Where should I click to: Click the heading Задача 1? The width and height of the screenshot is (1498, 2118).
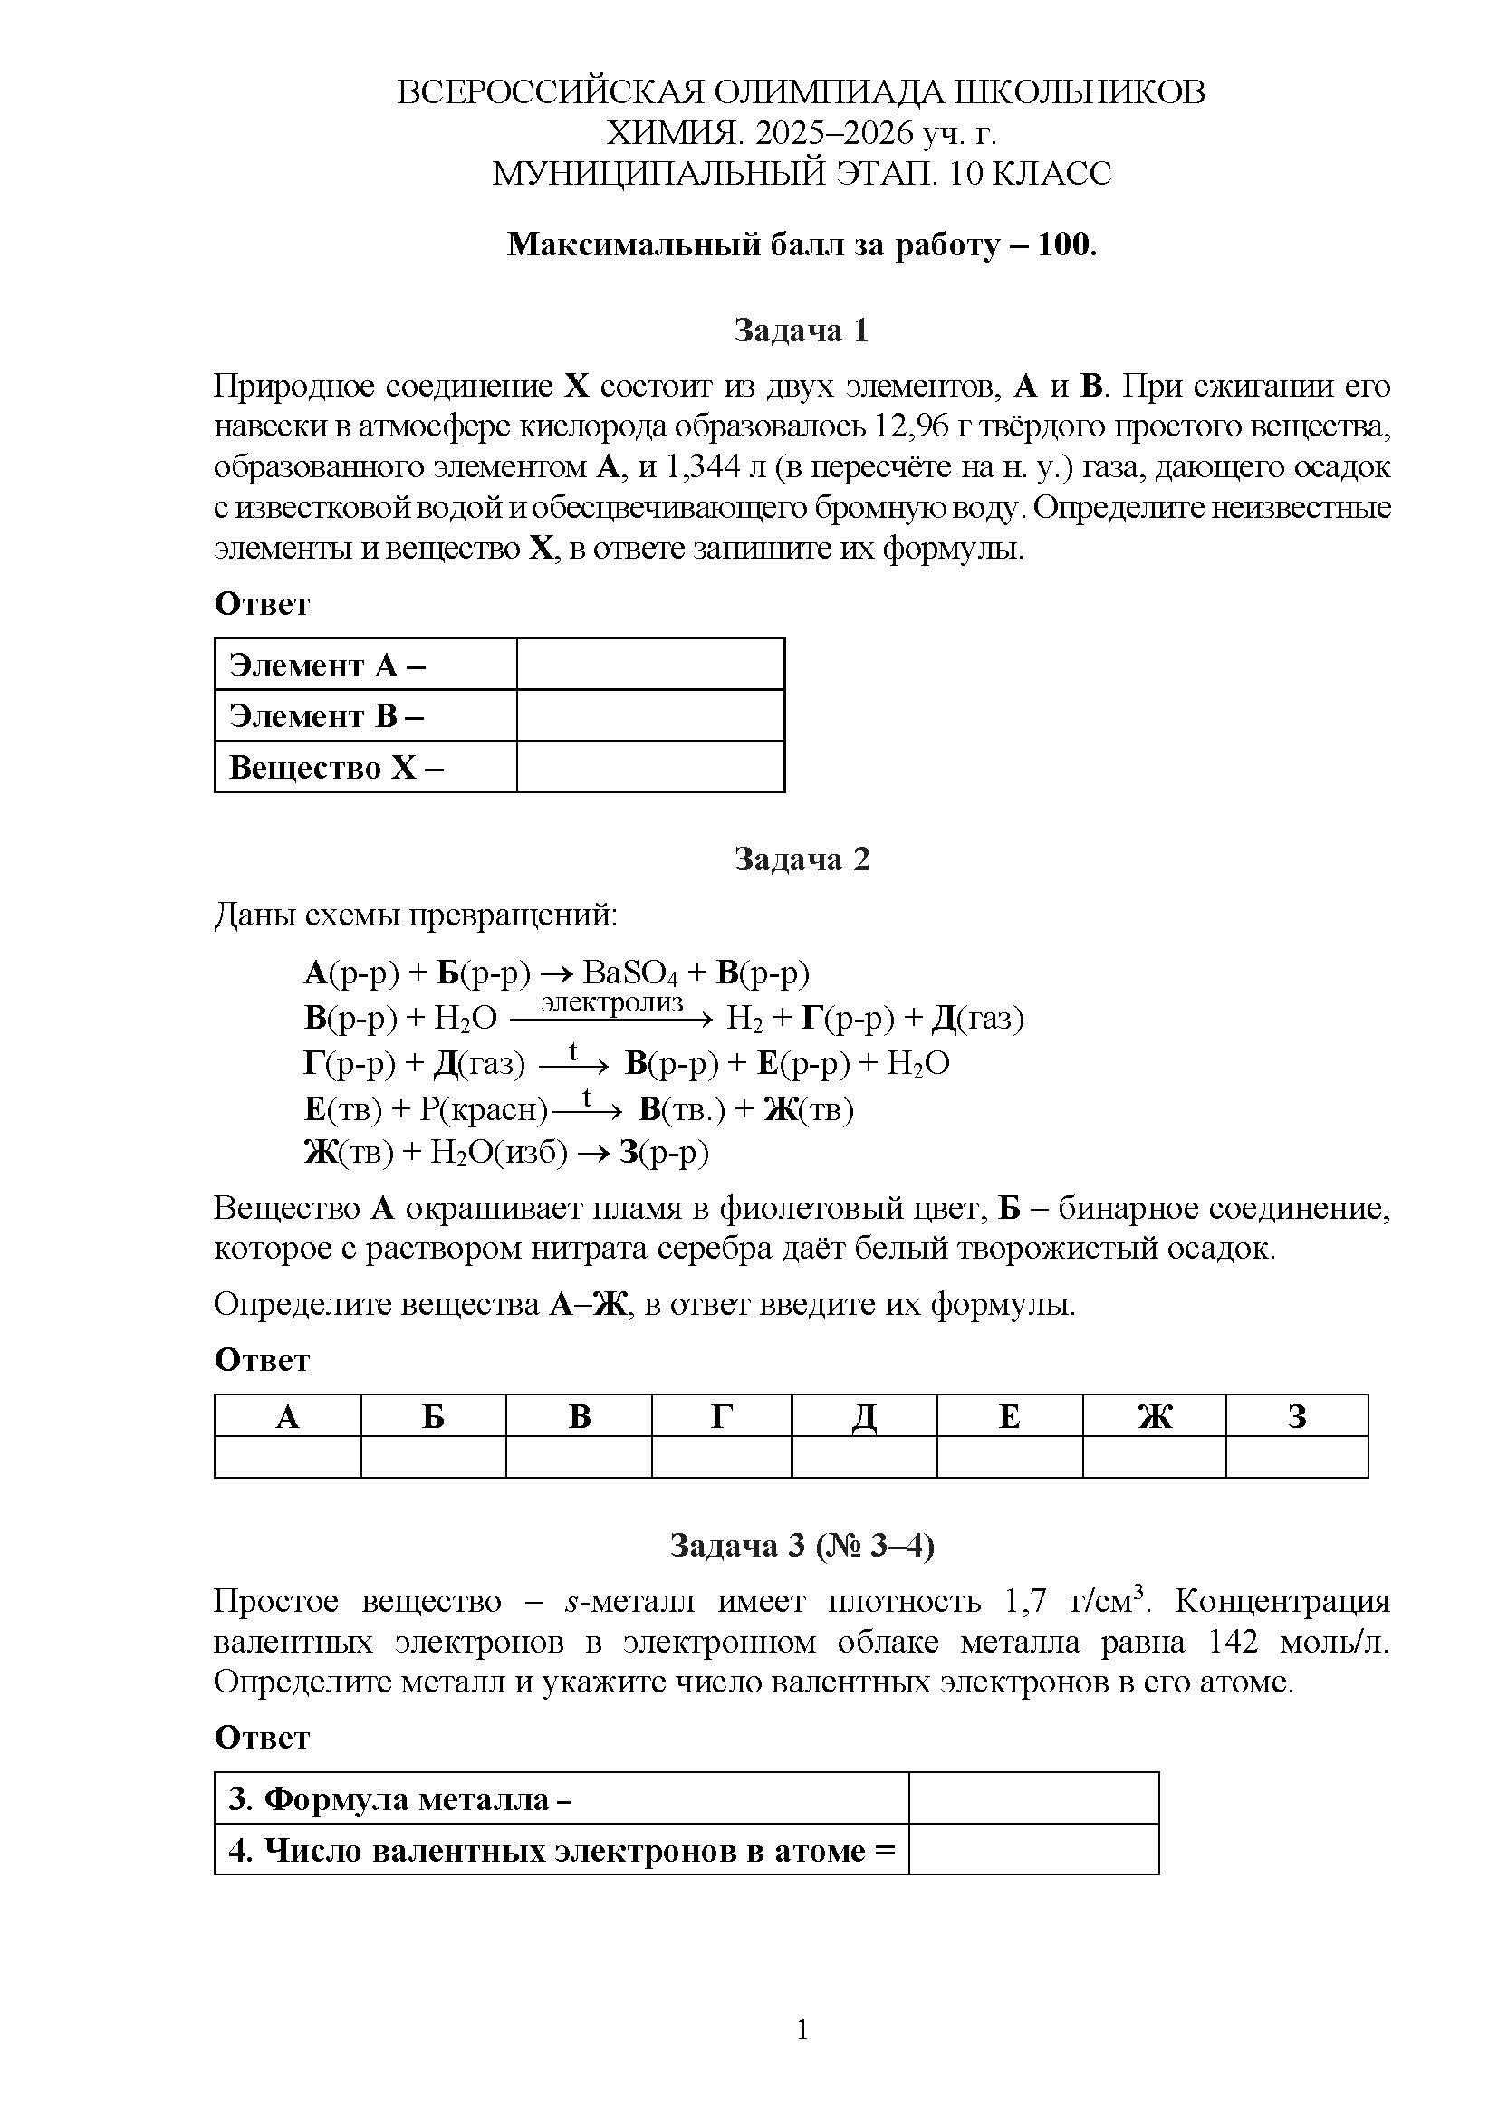801,331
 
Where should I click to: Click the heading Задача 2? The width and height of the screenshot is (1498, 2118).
801,858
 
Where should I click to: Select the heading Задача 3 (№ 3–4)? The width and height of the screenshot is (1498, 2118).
801,1544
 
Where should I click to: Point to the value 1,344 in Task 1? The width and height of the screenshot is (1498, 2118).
702,467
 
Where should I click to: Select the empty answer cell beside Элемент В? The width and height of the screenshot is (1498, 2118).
650,716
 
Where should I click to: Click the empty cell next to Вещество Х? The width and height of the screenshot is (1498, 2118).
650,767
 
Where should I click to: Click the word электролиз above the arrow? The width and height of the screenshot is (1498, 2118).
611,1001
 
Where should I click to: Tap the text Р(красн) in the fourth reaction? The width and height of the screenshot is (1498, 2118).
484,1109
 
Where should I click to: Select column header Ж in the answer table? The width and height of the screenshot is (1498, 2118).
1154,1416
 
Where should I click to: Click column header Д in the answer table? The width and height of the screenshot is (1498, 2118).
863,1416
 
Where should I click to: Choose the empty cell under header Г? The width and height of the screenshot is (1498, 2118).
721,1458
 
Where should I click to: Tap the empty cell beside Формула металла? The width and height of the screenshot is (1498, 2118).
1033,1797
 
